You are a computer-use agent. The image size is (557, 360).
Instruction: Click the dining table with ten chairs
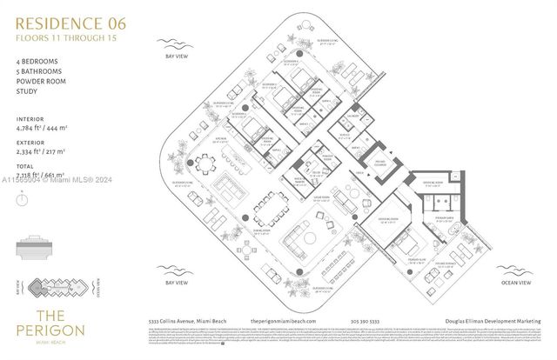tap(268, 210)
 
